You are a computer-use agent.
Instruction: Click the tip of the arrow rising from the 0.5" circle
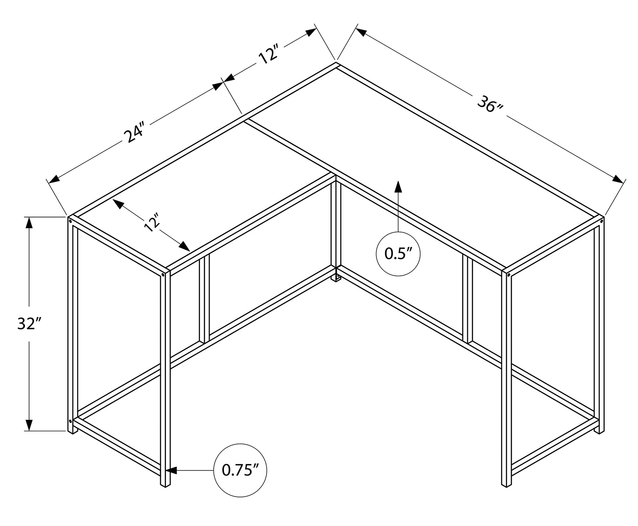[398, 181]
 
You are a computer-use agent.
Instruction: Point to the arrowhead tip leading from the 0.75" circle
[166, 471]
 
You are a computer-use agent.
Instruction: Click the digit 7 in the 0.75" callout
[238, 471]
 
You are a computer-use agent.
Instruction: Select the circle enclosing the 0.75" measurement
[240, 470]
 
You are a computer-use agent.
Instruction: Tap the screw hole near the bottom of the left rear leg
[70, 421]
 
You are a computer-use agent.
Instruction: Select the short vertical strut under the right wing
[468, 299]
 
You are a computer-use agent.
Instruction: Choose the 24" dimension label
[135, 132]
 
